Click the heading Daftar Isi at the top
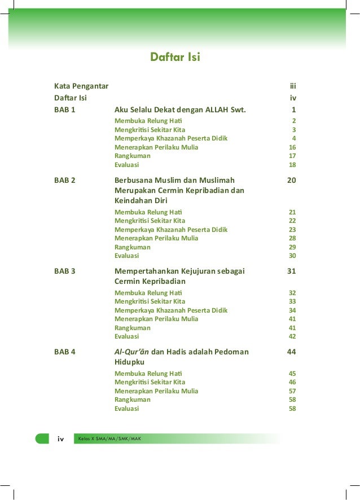pyautogui.click(x=174, y=58)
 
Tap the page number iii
pyautogui.click(x=293, y=86)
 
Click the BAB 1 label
pyautogui.click(x=65, y=109)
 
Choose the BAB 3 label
pyautogui.click(x=65, y=271)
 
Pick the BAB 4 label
pyautogui.click(x=65, y=352)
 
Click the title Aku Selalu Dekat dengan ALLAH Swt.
pyautogui.click(x=180, y=109)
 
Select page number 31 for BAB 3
pyautogui.click(x=291, y=271)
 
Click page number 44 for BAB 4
pyautogui.click(x=291, y=352)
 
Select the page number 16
pyautogui.click(x=292, y=147)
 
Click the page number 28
pyautogui.click(x=292, y=239)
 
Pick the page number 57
pyautogui.click(x=292, y=391)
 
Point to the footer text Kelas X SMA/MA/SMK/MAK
pyautogui.click(x=110, y=438)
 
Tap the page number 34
pyautogui.click(x=292, y=310)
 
